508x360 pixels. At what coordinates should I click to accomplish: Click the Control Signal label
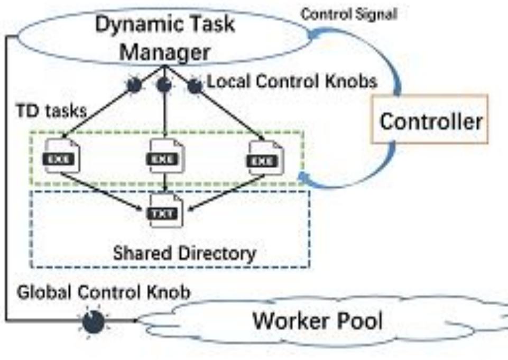(x=349, y=14)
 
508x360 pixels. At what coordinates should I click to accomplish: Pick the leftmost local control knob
(x=135, y=85)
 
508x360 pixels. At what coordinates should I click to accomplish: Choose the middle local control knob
(x=165, y=85)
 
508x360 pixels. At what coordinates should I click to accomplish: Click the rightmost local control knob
(x=195, y=85)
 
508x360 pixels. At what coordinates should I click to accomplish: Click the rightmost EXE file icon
(x=265, y=157)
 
